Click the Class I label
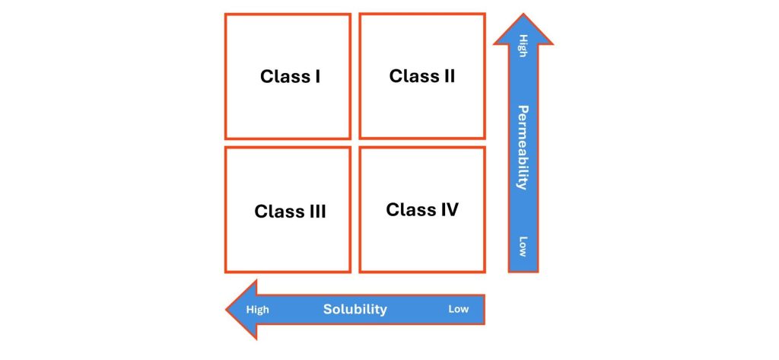click(290, 76)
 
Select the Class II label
click(422, 76)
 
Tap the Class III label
click(290, 211)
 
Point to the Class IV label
click(422, 209)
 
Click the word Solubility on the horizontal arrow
click(355, 309)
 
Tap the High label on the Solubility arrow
click(258, 310)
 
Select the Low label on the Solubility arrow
click(458, 309)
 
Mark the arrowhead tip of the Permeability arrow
click(523, 15)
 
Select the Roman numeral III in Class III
click(317, 211)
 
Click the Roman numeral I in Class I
click(316, 76)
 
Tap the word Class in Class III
click(277, 211)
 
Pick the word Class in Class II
click(412, 76)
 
